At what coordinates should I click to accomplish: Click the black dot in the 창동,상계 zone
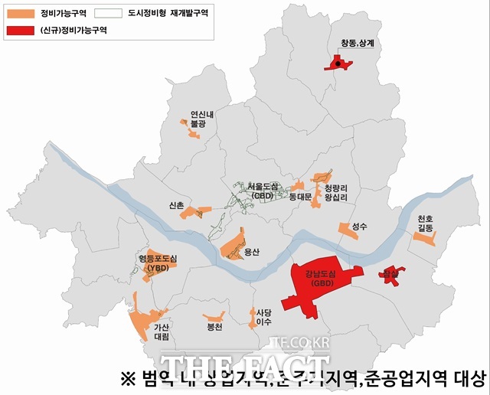pos(338,64)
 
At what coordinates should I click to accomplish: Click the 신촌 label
pos(176,205)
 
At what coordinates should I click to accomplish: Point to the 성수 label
pos(360,227)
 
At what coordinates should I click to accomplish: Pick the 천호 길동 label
pos(426,224)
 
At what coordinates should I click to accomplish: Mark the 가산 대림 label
pos(162,331)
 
